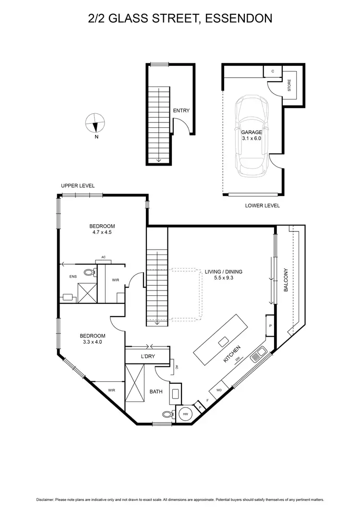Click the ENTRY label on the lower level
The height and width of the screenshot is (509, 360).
(x=181, y=110)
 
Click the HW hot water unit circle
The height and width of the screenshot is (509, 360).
(x=185, y=414)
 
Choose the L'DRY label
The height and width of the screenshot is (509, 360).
(x=147, y=356)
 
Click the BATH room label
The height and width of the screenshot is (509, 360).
(x=156, y=392)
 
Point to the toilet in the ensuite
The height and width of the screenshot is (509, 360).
(x=88, y=273)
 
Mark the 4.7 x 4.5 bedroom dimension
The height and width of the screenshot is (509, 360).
(x=102, y=232)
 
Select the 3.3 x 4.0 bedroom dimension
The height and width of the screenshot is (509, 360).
(x=92, y=342)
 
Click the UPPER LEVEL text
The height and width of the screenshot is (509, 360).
(x=78, y=186)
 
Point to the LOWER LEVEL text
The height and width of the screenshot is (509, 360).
(x=262, y=206)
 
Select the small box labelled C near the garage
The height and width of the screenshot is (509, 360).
(x=273, y=71)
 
